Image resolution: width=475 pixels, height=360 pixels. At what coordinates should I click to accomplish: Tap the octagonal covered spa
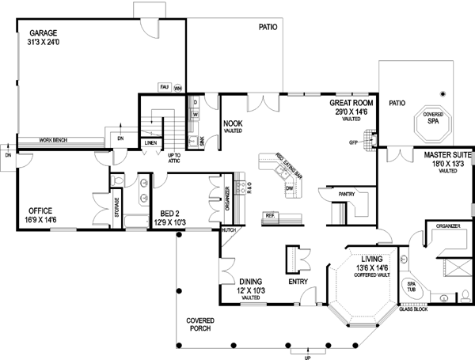point(432,121)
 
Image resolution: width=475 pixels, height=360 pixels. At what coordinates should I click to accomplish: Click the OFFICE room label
point(40,211)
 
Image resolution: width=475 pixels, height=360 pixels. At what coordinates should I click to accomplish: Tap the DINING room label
point(251,281)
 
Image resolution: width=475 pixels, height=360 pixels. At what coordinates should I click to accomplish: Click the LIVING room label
point(372,259)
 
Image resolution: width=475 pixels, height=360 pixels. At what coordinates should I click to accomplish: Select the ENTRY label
point(298,281)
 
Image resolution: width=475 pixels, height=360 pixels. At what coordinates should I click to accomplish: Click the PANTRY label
point(346,192)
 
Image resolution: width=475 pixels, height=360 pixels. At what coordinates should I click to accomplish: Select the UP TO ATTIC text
point(176,158)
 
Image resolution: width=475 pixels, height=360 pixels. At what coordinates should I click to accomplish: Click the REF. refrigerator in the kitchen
point(271,216)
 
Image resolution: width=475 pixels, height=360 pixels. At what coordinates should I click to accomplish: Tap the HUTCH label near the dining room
point(229,230)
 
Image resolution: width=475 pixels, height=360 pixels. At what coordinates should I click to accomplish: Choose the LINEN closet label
point(150,143)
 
